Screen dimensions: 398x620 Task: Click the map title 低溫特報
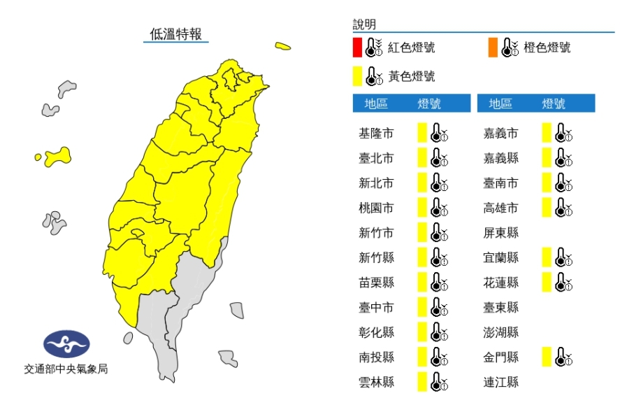click(x=175, y=33)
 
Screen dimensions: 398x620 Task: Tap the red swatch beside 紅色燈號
click(x=357, y=48)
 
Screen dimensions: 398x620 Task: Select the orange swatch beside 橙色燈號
click(x=493, y=48)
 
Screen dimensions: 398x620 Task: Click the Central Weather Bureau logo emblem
click(x=66, y=344)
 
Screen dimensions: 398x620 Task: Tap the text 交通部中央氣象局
click(x=66, y=369)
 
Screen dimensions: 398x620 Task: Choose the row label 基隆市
click(x=375, y=133)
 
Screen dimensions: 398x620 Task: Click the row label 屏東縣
click(x=501, y=233)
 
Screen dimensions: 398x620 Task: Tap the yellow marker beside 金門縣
click(x=546, y=357)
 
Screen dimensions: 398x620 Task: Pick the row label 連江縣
click(x=501, y=383)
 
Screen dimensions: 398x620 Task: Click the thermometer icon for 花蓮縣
click(x=563, y=283)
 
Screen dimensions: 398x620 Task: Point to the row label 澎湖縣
click(x=501, y=333)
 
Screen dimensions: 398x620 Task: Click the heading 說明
click(x=364, y=24)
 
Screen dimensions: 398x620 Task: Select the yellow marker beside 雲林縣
click(x=421, y=383)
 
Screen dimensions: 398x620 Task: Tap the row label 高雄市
click(x=501, y=208)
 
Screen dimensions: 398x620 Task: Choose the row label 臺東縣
click(x=501, y=308)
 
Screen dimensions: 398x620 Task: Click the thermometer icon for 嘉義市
click(x=563, y=133)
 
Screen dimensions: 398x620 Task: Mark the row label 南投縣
click(x=375, y=357)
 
